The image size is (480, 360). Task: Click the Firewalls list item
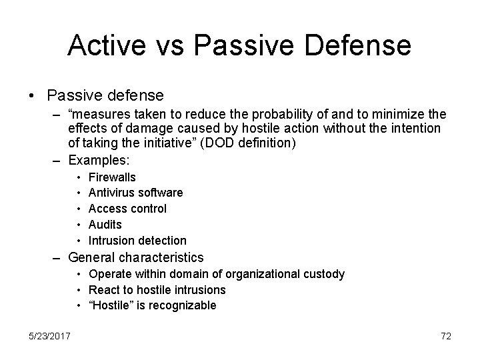click(112, 177)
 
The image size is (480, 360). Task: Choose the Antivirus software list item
click(135, 193)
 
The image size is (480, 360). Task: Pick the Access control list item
click(127, 209)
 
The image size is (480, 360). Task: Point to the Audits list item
click(105, 225)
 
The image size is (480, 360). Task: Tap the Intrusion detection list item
click(137, 240)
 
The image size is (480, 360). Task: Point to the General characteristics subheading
click(136, 257)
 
